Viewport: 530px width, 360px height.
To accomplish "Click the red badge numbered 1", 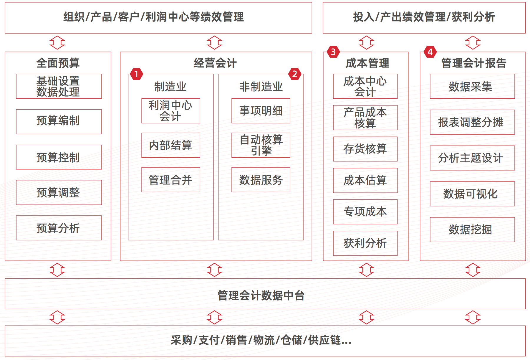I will [x=136, y=74].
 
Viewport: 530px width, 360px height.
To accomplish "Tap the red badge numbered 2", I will [x=295, y=74].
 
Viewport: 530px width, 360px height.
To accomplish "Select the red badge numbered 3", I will [x=333, y=52].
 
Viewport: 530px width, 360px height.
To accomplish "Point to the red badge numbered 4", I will [x=430, y=52].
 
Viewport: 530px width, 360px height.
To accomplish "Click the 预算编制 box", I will [x=59, y=121].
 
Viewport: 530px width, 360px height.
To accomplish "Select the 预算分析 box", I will [x=59, y=228].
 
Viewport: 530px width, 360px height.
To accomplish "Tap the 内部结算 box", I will [x=170, y=145].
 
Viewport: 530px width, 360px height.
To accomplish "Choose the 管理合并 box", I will [x=170, y=179].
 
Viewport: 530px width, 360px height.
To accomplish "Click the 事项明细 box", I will [x=261, y=110].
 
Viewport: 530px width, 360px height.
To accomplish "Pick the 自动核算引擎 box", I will [x=261, y=145].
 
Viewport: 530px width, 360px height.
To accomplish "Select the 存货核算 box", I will [x=365, y=149].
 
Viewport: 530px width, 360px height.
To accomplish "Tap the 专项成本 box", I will [x=365, y=212].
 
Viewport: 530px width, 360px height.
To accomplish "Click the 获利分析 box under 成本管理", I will [x=365, y=243].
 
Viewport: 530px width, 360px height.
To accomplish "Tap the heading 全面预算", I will [x=58, y=63].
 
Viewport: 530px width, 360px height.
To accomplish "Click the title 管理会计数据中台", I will [x=261, y=295].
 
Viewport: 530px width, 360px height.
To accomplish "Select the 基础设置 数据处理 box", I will [x=59, y=86].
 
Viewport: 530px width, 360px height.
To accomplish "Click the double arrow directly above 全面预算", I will [x=57, y=43].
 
